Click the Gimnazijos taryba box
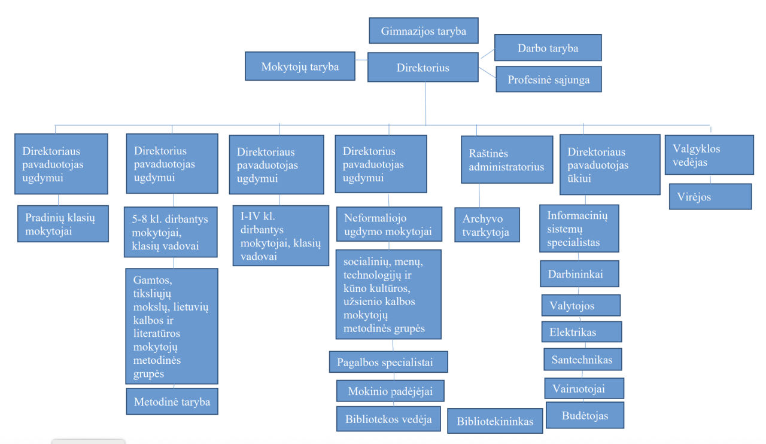(x=423, y=31)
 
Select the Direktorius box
(x=423, y=68)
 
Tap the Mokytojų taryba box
(x=300, y=66)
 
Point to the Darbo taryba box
(x=548, y=48)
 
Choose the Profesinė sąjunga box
(x=548, y=79)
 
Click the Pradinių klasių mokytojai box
(x=62, y=224)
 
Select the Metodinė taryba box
(x=172, y=402)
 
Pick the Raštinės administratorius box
(x=506, y=160)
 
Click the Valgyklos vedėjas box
(x=709, y=154)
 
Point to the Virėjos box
(x=710, y=196)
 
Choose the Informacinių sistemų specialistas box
(x=579, y=229)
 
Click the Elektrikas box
(x=581, y=332)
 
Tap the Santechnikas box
(x=582, y=359)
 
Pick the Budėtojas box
(x=585, y=415)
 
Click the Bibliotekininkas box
(x=495, y=421)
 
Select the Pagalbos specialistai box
(x=388, y=362)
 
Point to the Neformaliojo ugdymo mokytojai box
(x=388, y=224)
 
